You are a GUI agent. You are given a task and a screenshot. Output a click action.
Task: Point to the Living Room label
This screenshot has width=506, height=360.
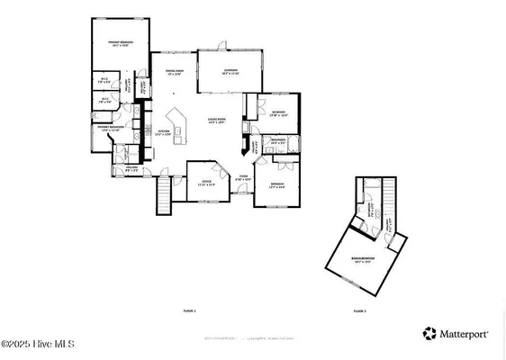tap(216, 120)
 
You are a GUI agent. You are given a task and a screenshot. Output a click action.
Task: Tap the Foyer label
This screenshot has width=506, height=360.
tap(243, 178)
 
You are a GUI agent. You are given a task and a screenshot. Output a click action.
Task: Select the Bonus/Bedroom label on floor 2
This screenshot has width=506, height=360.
tap(363, 259)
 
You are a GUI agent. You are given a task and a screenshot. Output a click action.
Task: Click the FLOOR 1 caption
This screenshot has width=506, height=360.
tap(189, 310)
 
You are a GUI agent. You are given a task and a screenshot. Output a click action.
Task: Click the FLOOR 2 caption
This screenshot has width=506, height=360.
tap(360, 310)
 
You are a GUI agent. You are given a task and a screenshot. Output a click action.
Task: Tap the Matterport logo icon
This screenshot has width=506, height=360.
tap(430, 334)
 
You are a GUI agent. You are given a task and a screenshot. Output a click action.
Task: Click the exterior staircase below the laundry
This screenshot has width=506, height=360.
tap(163, 196)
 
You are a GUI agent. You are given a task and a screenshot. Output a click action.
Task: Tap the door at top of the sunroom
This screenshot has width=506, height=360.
tap(221, 44)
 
